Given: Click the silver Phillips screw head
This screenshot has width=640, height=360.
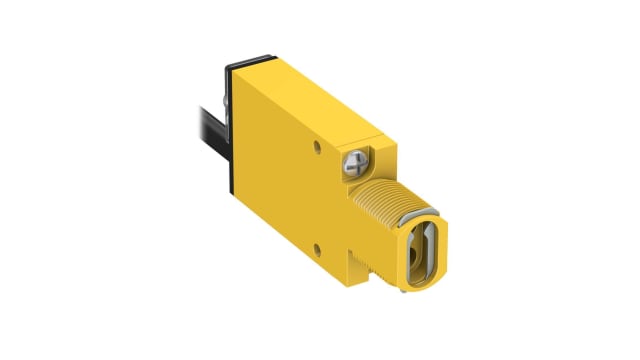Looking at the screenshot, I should click(x=356, y=159).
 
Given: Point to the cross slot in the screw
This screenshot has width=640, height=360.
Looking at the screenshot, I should click(x=356, y=159).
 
